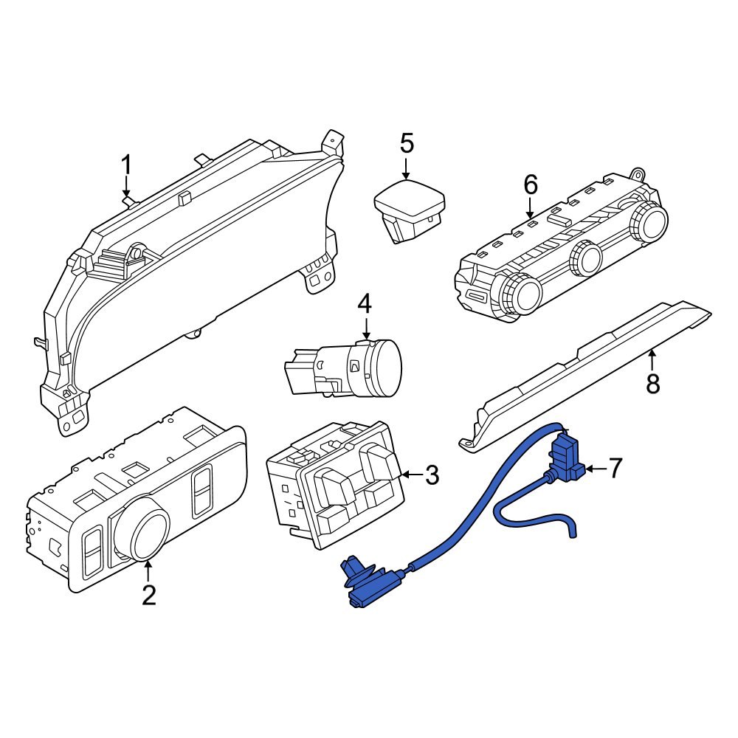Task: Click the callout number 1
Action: coord(125,165)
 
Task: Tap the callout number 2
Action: coord(149,596)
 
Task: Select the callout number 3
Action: coord(432,475)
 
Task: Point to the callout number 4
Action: coord(365,304)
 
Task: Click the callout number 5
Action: coord(407,143)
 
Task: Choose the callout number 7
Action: coord(615,469)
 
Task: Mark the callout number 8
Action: coord(653,384)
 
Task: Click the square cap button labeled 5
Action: coord(410,204)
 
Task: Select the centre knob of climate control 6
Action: coord(585,258)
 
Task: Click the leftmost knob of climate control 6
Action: coord(520,294)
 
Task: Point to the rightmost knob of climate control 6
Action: coord(649,221)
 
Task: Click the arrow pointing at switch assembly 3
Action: coord(411,475)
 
